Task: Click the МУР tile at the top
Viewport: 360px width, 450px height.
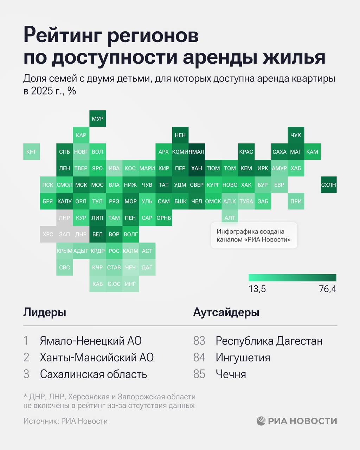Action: pyautogui.click(x=97, y=118)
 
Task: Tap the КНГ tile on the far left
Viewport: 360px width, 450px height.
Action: pyautogui.click(x=31, y=152)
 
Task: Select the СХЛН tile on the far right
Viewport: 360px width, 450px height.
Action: pyautogui.click(x=328, y=185)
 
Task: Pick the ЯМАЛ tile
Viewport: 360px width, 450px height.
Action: pyautogui.click(x=197, y=152)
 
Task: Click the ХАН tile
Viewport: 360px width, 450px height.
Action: pyautogui.click(x=197, y=168)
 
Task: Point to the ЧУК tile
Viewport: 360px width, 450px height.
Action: pyautogui.click(x=296, y=135)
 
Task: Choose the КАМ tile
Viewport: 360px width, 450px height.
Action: pyautogui.click(x=312, y=152)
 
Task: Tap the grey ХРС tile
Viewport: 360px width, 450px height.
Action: pyautogui.click(x=48, y=234)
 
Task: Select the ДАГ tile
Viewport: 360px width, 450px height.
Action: pyautogui.click(x=147, y=267)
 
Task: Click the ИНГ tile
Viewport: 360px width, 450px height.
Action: pyautogui.click(x=130, y=284)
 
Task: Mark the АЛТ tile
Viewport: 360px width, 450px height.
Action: pyautogui.click(x=230, y=218)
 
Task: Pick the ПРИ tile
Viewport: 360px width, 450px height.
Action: pyautogui.click(x=296, y=201)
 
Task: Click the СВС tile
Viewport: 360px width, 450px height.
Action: pyautogui.click(x=64, y=267)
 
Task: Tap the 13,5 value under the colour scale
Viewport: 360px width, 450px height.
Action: pyautogui.click(x=257, y=289)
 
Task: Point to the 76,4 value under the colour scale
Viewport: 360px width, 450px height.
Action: pyautogui.click(x=327, y=289)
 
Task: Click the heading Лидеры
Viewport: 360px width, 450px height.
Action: pyautogui.click(x=45, y=312)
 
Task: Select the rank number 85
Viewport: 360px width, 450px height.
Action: pyautogui.click(x=199, y=374)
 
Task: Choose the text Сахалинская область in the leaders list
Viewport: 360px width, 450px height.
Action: pyautogui.click(x=93, y=374)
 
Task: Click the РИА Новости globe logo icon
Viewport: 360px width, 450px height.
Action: pyautogui.click(x=261, y=421)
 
